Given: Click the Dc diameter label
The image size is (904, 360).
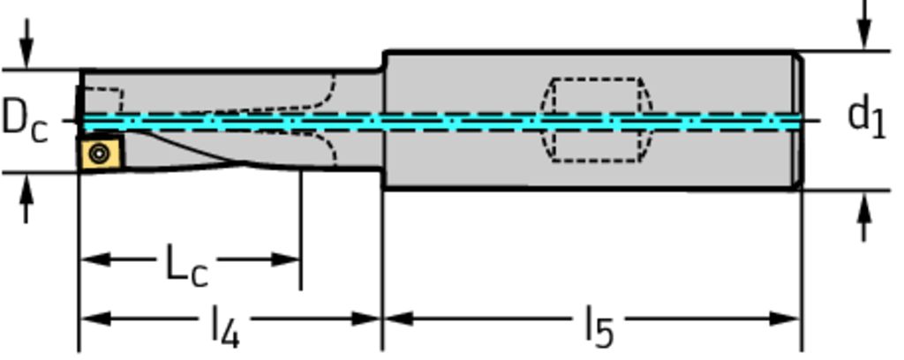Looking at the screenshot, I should tap(24, 119).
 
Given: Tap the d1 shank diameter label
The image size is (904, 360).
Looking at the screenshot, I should tap(865, 116).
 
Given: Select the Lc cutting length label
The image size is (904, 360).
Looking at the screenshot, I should tap(186, 264).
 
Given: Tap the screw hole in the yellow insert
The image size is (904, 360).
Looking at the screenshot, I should tap(99, 153).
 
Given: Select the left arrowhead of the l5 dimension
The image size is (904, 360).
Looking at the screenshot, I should tap(396, 318).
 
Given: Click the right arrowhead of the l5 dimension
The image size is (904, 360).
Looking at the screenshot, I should tap(787, 318).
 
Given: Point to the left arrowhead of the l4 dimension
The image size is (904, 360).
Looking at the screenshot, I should tap(94, 318).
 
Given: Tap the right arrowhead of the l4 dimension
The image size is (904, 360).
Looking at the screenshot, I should tap(368, 318).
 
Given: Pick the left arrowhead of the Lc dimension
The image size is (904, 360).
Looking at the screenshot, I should tap(94, 259).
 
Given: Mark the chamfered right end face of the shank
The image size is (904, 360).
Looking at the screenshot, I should tap(799, 120).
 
